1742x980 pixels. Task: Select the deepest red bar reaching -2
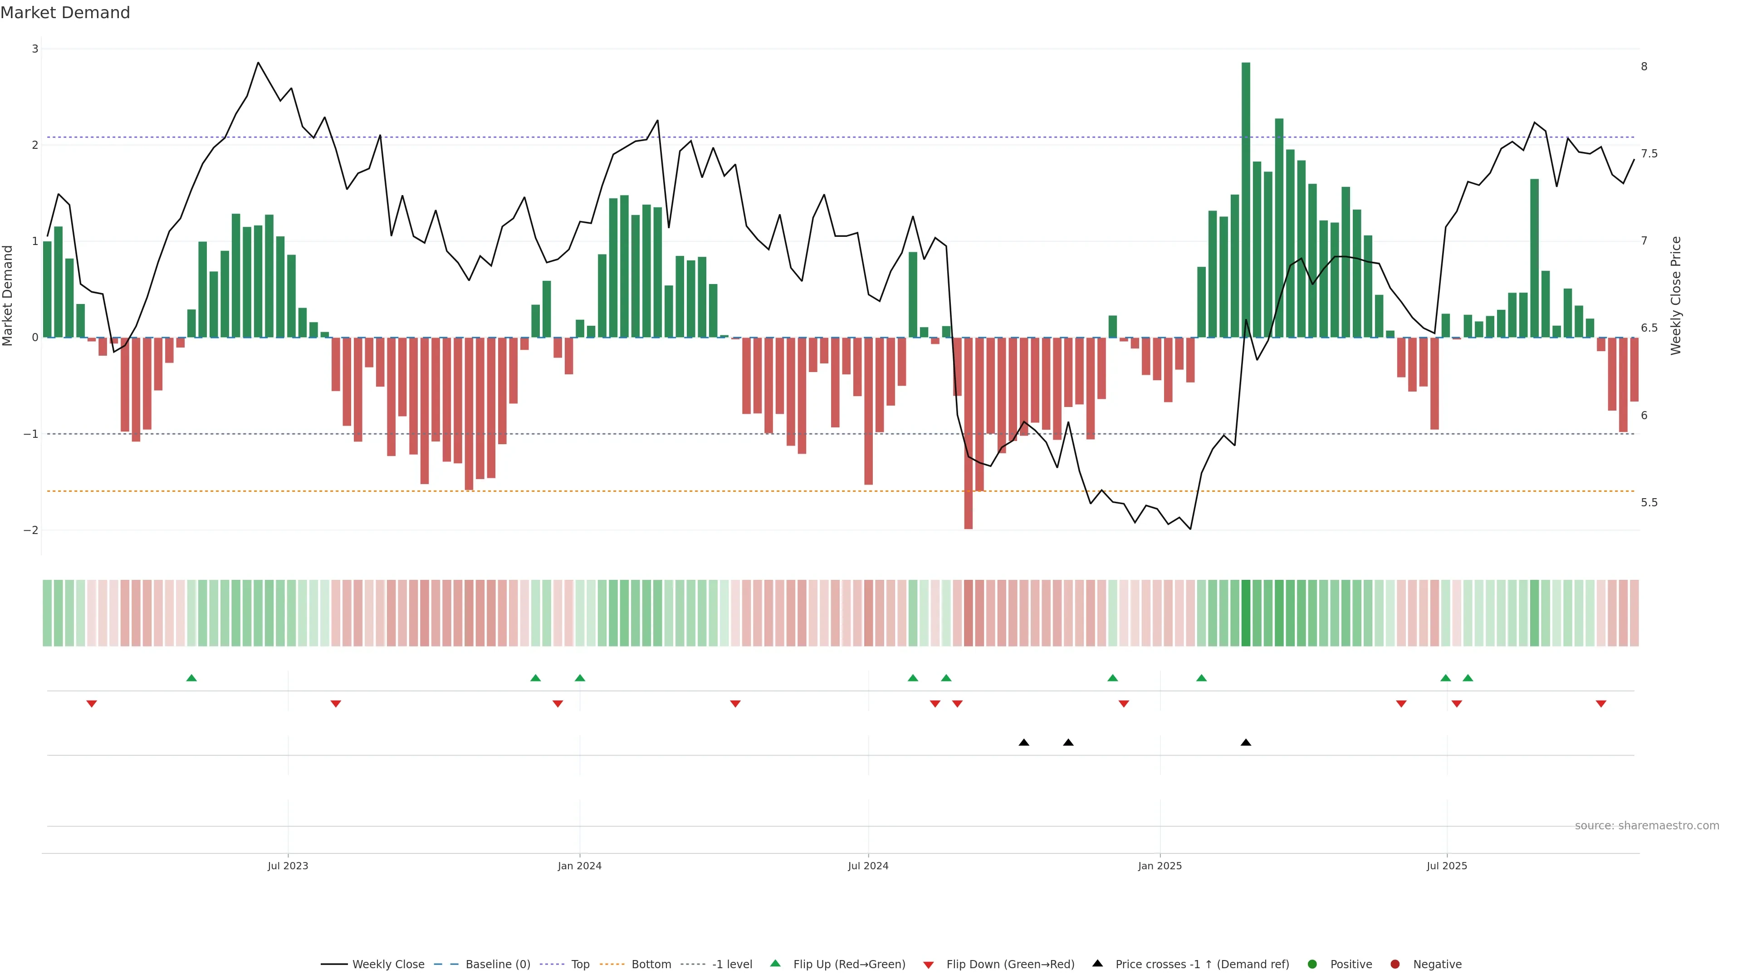click(969, 433)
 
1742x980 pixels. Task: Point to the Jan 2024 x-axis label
click(580, 866)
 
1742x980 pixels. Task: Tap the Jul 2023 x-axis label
click(288, 866)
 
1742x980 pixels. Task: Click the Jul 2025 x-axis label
click(1447, 866)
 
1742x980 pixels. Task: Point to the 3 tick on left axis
click(35, 49)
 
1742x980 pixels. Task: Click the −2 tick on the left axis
click(31, 530)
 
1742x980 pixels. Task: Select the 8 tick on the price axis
click(1644, 66)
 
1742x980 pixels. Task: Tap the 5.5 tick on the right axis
click(1649, 503)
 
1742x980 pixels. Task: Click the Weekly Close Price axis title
click(1676, 295)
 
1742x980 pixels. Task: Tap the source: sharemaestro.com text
click(1647, 826)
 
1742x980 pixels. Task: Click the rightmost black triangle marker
click(1246, 743)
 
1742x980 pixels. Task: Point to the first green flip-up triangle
click(191, 678)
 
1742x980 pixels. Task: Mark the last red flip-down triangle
click(1600, 704)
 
